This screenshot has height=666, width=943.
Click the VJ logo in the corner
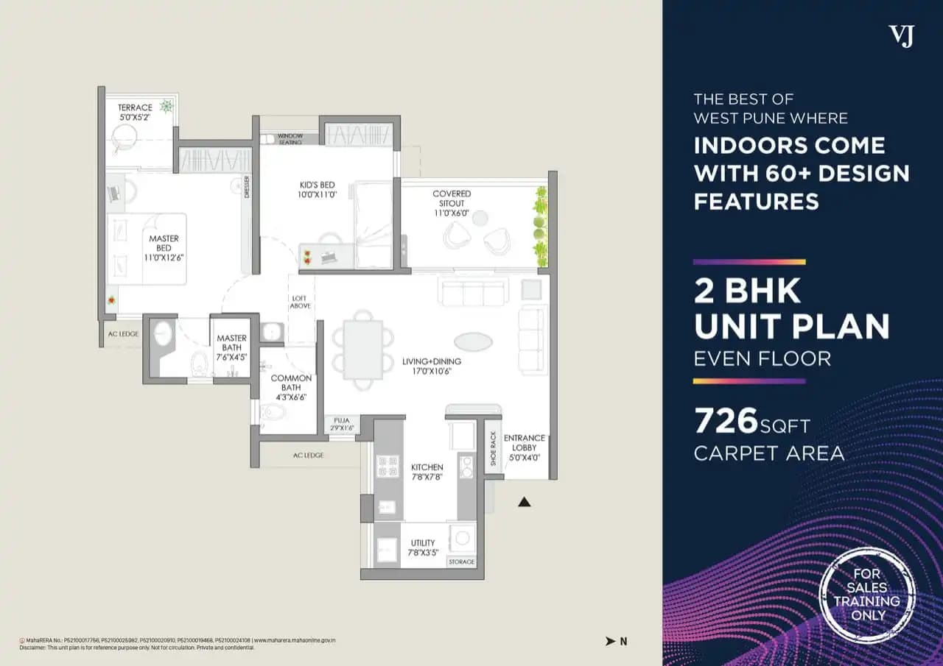(x=900, y=35)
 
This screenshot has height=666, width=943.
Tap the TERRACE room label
(x=135, y=112)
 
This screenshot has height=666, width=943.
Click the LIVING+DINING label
(x=432, y=366)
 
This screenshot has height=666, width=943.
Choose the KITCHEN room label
(x=427, y=472)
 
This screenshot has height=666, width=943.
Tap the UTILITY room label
(x=423, y=548)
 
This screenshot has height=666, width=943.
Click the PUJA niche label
(x=341, y=424)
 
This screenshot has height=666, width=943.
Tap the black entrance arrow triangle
(x=525, y=502)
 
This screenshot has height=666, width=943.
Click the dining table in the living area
(x=363, y=350)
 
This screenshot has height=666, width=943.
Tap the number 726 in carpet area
(x=726, y=422)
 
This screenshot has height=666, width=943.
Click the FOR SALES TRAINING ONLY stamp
(x=867, y=594)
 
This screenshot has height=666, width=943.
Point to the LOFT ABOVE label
(x=301, y=301)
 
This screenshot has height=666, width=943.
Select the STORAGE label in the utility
(x=462, y=562)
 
